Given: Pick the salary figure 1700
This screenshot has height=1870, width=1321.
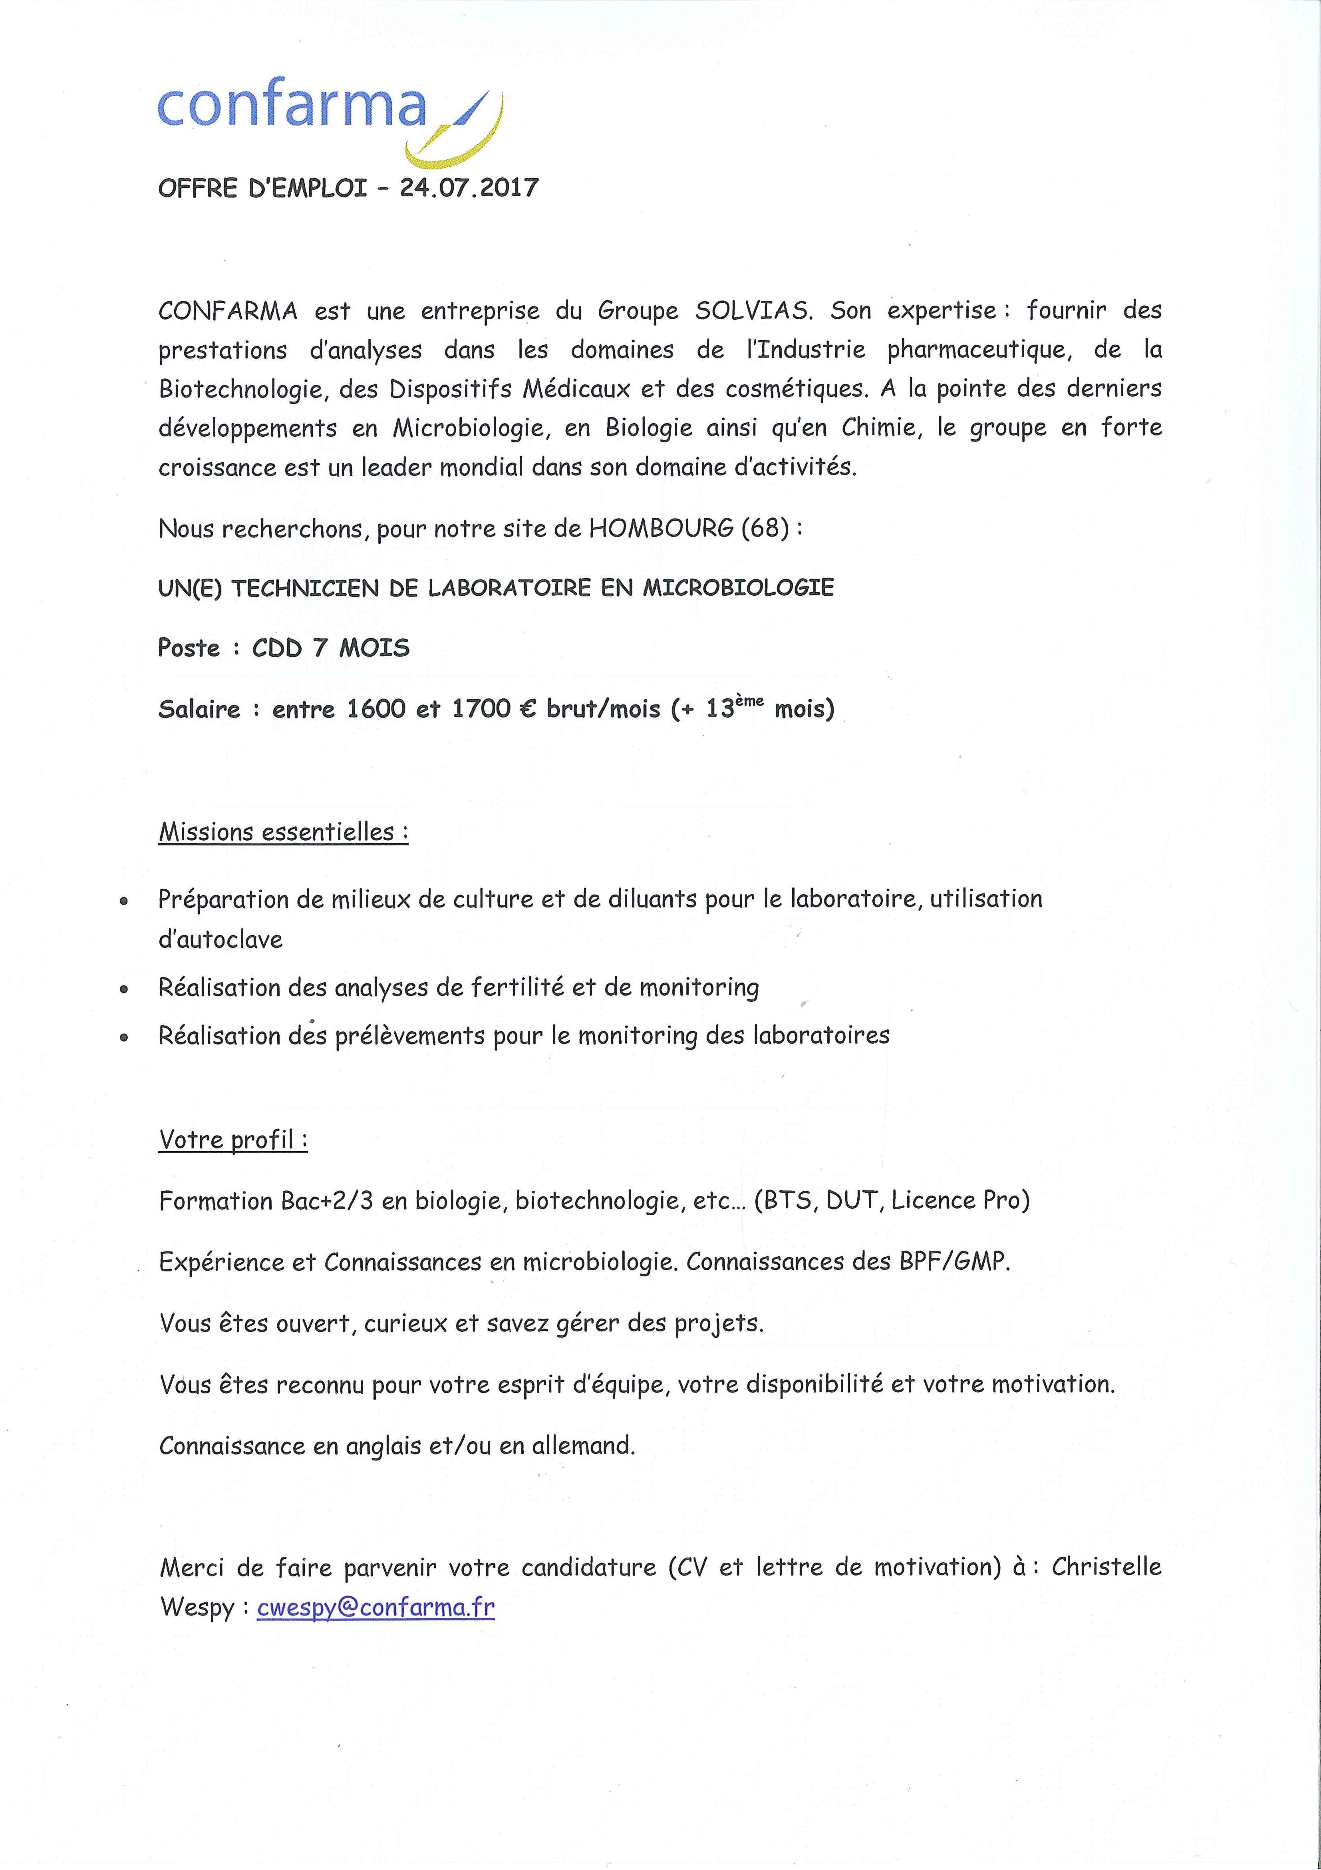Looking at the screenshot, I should [481, 708].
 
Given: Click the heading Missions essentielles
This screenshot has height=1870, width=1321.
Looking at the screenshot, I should [282, 832].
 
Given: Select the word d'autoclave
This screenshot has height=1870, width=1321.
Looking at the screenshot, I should [221, 939].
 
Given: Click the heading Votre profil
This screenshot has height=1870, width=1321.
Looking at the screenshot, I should [233, 1140].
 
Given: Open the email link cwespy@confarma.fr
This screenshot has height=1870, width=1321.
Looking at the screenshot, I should [375, 1607].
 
